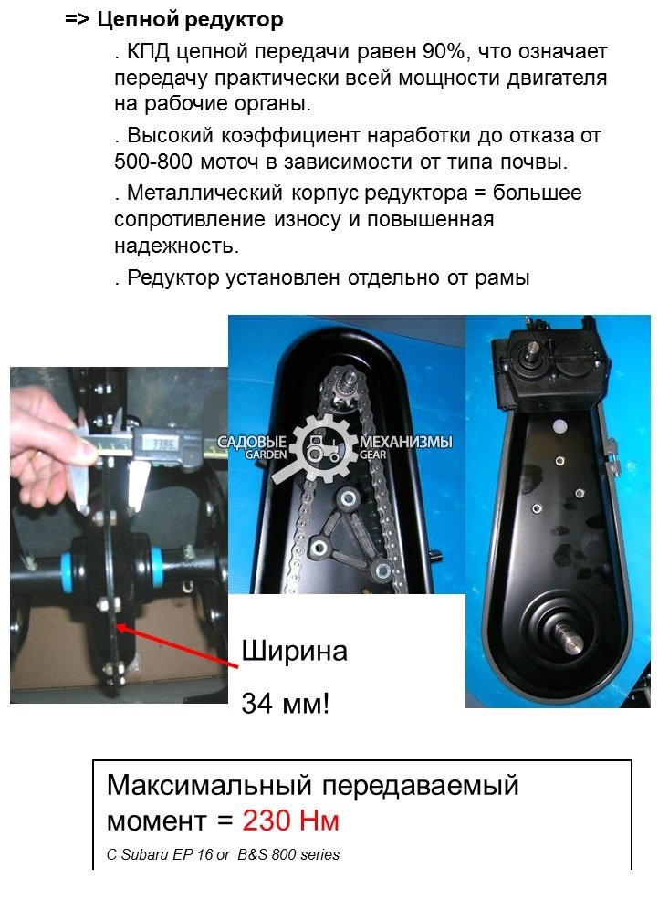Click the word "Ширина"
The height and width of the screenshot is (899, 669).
coord(294,652)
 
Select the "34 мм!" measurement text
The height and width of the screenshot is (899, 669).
coord(286,704)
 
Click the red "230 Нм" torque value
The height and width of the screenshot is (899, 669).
coord(291,821)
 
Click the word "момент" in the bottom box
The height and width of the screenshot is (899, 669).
coord(155,821)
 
